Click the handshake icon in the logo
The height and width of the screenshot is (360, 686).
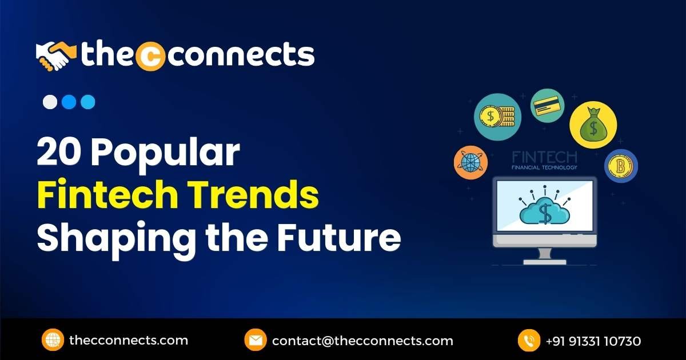tap(56, 55)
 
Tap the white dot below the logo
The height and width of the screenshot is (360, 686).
tap(50, 102)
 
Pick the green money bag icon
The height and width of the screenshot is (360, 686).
tap(593, 125)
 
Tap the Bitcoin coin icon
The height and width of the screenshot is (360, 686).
tap(621, 166)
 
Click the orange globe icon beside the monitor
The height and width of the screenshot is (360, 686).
tap(470, 162)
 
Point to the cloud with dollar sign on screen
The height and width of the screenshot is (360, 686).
tap(544, 211)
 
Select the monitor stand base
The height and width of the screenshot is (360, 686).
tap(544, 261)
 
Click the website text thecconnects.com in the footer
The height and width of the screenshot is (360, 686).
tap(128, 341)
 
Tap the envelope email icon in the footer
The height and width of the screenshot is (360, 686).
tap(255, 341)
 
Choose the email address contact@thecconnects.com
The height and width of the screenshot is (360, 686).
tap(362, 341)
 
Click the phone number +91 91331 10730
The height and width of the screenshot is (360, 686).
tap(593, 341)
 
